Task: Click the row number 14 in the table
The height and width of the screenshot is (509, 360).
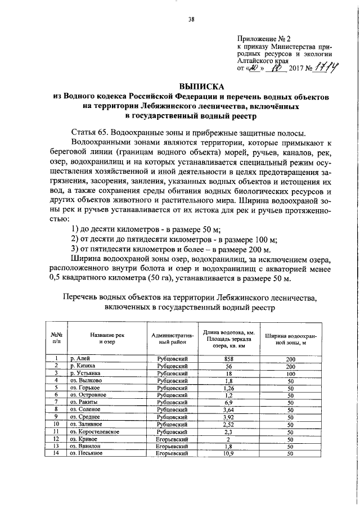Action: (56, 453)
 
